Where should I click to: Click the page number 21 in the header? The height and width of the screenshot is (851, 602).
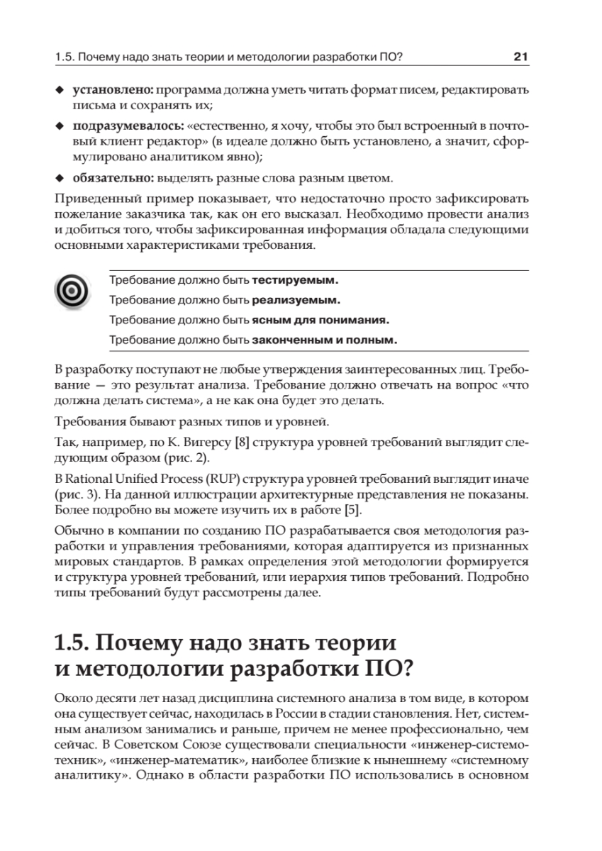[x=521, y=56]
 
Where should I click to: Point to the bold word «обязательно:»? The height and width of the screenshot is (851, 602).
[x=113, y=177]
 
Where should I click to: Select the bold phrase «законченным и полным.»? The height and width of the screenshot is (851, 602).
[x=325, y=340]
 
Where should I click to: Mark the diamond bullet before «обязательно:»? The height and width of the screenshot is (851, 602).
[x=60, y=177]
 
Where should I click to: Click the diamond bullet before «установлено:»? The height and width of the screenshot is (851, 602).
[x=60, y=92]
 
